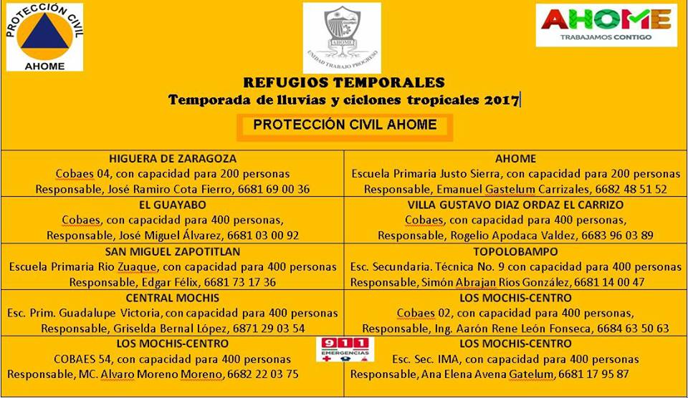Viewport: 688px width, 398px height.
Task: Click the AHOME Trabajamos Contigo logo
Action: coord(606,24)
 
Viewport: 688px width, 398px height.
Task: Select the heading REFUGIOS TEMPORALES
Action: coord(344,82)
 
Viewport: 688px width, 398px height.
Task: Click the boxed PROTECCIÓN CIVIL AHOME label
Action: coord(345,125)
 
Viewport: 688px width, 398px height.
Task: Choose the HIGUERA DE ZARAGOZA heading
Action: coord(173,158)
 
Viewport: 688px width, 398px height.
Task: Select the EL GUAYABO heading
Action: coord(173,204)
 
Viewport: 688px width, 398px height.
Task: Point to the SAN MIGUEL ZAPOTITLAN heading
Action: coord(173,251)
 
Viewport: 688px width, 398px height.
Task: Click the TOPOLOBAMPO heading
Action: coord(515,251)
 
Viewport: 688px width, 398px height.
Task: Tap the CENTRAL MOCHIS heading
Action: coord(173,297)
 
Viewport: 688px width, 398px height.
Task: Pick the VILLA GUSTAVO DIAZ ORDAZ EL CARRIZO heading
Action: coord(515,204)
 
